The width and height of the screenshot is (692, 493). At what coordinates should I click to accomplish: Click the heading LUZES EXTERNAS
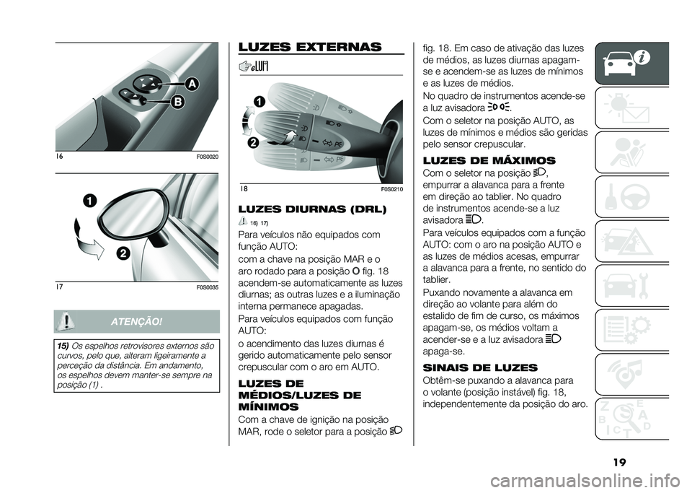click(310, 47)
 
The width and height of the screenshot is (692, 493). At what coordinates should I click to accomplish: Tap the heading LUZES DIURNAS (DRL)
click(312, 209)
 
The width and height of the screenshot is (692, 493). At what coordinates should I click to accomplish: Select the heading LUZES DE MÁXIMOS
click(489, 160)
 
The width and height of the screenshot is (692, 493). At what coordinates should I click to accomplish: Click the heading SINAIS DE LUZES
click(480, 367)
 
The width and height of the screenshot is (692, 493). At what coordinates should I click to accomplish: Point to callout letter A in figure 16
click(192, 83)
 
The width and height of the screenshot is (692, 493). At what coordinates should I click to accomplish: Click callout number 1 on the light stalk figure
click(259, 101)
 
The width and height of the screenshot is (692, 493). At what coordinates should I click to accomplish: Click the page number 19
click(620, 463)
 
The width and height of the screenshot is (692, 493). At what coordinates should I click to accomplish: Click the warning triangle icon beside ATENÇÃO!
click(66, 320)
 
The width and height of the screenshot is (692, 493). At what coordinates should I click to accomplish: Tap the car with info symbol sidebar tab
click(631, 64)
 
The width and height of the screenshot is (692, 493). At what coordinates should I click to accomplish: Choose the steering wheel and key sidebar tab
click(631, 196)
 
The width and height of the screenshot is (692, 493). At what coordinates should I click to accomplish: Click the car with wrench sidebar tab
click(631, 285)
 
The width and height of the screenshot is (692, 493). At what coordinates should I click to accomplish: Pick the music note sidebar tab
click(631, 374)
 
